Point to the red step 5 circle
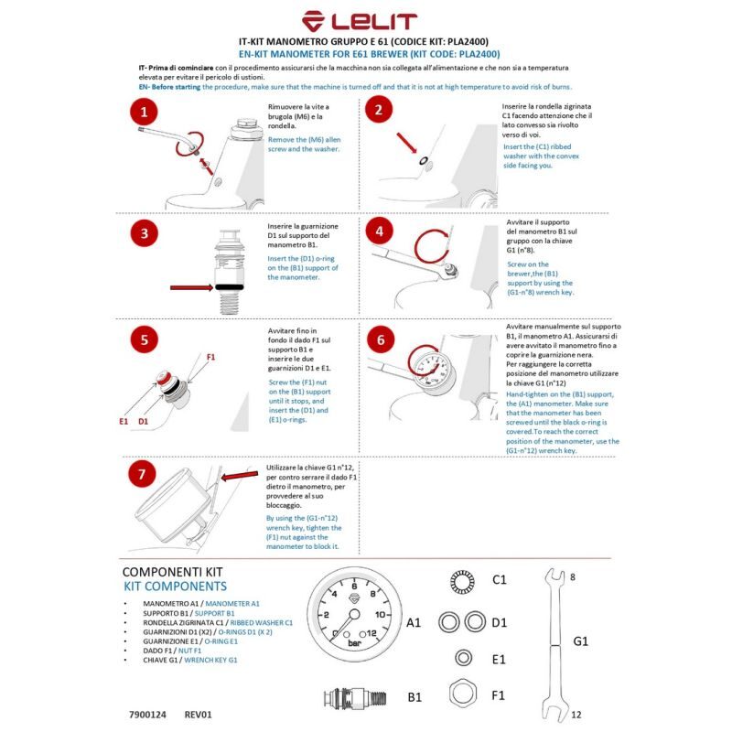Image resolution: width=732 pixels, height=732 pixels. (144, 340)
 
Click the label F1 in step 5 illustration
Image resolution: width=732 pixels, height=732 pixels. (211, 355)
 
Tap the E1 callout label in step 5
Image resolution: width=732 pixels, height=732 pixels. (124, 423)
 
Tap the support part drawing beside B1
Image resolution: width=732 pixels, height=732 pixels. (355, 698)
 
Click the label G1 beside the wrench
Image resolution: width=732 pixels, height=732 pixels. (581, 641)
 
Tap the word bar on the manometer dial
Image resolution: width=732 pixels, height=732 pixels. (355, 642)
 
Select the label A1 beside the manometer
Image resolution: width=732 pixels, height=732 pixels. (414, 622)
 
